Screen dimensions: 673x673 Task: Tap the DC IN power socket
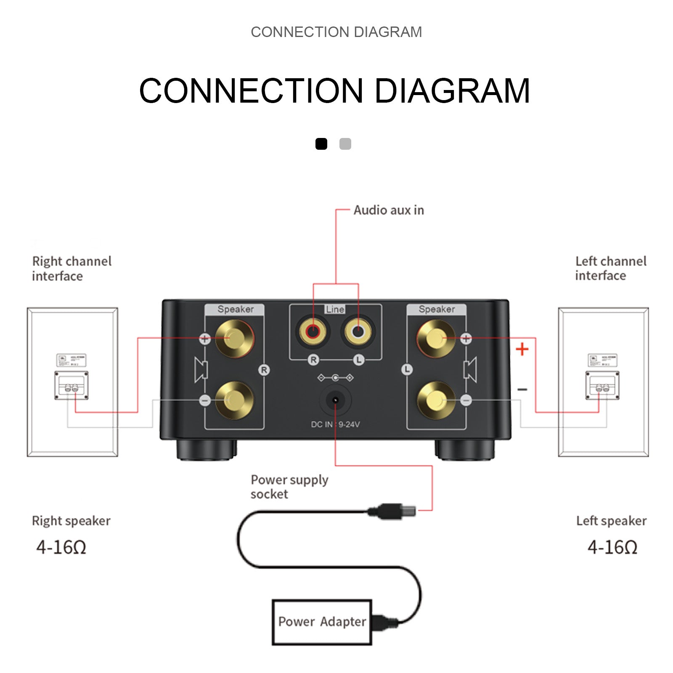point(335,400)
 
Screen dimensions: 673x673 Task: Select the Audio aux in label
point(388,210)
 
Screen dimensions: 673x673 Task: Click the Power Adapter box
point(322,622)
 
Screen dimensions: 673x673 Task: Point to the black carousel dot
point(321,144)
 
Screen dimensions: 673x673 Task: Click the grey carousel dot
point(345,144)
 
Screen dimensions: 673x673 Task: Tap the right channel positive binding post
point(234,338)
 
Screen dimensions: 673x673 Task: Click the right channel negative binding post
point(234,400)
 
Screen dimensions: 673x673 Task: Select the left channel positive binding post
point(436,338)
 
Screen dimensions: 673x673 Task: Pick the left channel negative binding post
point(436,400)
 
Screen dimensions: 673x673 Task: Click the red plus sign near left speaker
point(522,349)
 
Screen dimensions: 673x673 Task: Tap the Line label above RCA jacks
point(335,310)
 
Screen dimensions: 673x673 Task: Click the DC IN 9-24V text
point(335,424)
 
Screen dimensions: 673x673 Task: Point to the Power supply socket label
point(289,487)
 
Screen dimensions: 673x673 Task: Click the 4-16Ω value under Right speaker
point(61,547)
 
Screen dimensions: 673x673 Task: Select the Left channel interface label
point(610,268)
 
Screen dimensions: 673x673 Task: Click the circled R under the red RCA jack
point(313,360)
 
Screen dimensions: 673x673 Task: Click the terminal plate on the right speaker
point(72,385)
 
